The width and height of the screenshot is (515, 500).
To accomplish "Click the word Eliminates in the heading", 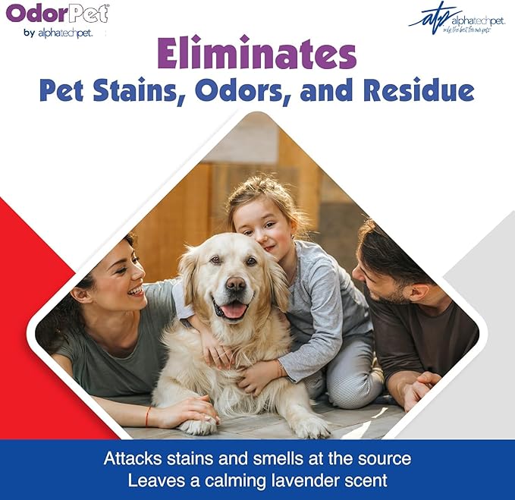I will [256, 55].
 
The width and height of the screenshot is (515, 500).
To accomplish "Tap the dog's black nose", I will [235, 283].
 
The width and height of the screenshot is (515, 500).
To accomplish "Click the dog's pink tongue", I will [233, 310].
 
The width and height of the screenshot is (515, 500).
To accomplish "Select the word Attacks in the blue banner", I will [130, 459].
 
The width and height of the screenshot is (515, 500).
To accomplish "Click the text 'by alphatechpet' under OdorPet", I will [52, 33].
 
